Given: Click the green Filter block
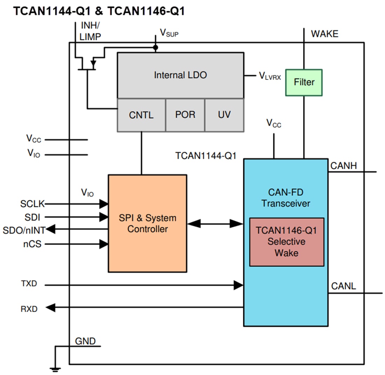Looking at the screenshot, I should [x=304, y=82].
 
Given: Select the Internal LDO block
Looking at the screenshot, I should [x=180, y=75].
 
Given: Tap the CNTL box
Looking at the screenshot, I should [x=141, y=115].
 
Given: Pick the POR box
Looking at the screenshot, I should [x=185, y=115].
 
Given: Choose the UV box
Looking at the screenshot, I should [x=224, y=115].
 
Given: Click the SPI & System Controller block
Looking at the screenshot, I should [x=147, y=223].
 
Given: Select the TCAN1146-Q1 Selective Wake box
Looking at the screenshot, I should [x=287, y=242].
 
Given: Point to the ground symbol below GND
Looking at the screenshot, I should [x=55, y=368].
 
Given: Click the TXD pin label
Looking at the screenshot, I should [x=29, y=284].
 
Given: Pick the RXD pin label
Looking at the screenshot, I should [x=29, y=309].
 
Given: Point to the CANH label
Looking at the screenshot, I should [x=343, y=166].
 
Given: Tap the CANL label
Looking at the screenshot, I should [x=343, y=286].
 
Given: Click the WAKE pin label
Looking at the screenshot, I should [x=324, y=34].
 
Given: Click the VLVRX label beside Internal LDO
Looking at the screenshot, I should [x=269, y=76].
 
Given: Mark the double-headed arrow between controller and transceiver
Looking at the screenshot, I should [x=215, y=223].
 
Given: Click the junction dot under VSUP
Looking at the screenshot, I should [x=156, y=47].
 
